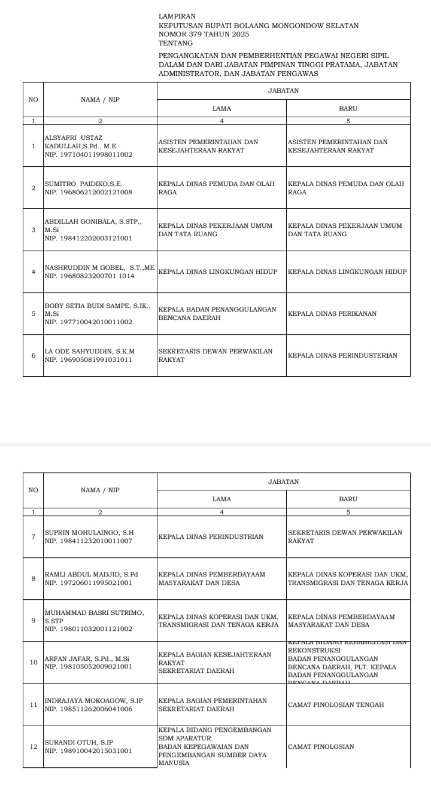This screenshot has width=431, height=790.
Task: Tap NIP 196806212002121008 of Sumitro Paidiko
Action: pyautogui.click(x=89, y=193)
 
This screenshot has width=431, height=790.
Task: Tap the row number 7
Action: pyautogui.click(x=34, y=536)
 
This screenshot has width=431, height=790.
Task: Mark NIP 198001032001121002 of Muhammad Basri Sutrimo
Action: pyautogui.click(x=89, y=629)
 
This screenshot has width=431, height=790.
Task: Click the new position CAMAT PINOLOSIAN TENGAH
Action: pyautogui.click(x=336, y=704)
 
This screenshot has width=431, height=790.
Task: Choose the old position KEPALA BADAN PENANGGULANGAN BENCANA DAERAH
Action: pyautogui.click(x=217, y=313)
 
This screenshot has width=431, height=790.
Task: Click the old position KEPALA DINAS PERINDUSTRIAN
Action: pyautogui.click(x=211, y=536)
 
